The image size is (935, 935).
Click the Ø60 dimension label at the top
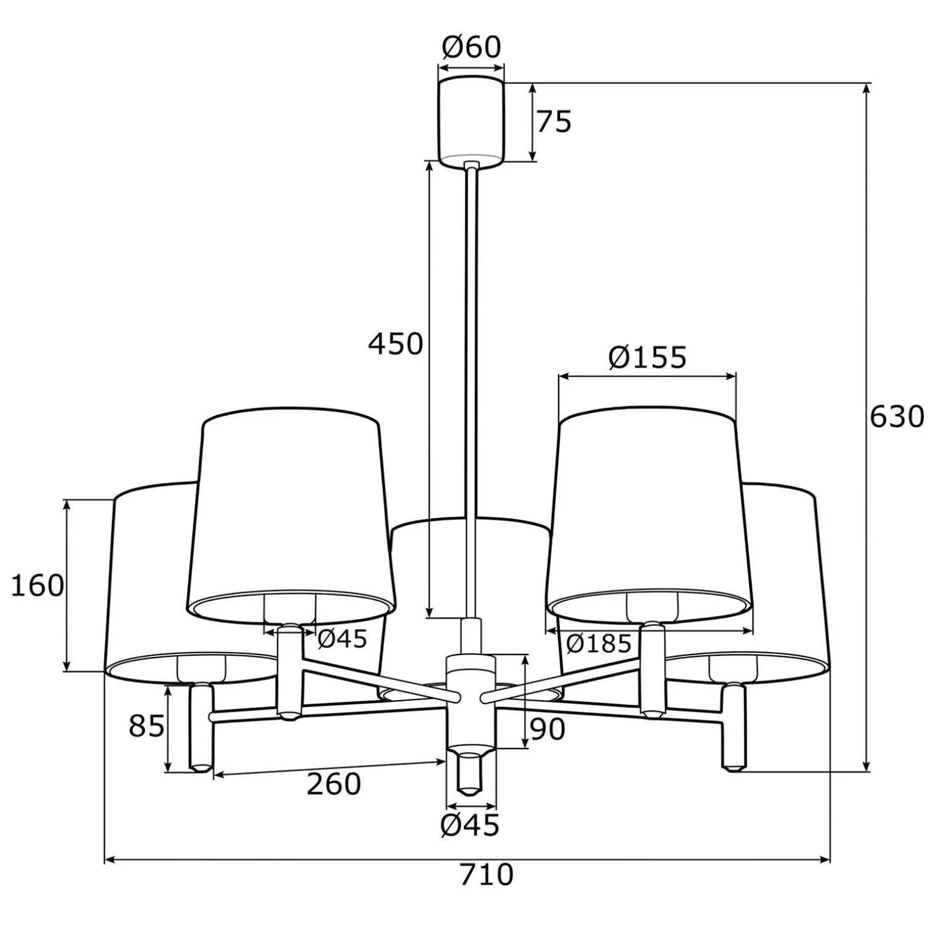tap(471, 47)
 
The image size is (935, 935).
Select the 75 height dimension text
tap(554, 122)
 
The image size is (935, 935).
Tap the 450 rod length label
tap(395, 344)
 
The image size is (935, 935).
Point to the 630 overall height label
tap(896, 417)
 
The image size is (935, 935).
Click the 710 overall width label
tap(486, 875)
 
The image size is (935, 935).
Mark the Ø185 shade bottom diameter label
tap(599, 644)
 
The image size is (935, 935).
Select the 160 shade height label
tap(38, 586)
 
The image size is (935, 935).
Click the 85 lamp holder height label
tap(146, 726)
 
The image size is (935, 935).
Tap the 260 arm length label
tap(333, 784)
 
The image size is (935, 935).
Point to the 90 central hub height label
tap(547, 729)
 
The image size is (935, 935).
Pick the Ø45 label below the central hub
tap(471, 825)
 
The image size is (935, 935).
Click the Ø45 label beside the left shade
tap(342, 638)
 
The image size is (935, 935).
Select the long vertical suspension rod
tap(472, 389)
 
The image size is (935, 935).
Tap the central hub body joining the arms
tap(471, 698)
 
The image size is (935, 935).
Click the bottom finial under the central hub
tap(471, 774)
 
